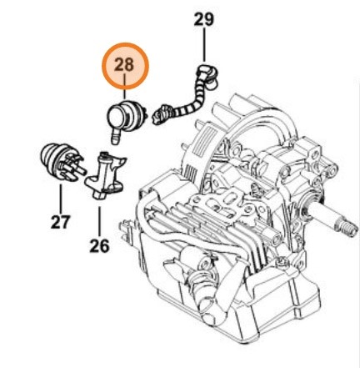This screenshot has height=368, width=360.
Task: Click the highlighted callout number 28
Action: pos(123,65)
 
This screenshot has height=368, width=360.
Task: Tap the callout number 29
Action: pos(204,18)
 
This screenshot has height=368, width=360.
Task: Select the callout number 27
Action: pos(60,223)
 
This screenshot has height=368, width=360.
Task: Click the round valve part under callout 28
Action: pos(126,113)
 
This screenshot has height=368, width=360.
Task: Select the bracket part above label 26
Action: pos(103,173)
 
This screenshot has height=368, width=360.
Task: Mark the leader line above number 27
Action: pos(60,198)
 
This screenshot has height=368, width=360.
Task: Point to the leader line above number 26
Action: pos(99,217)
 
